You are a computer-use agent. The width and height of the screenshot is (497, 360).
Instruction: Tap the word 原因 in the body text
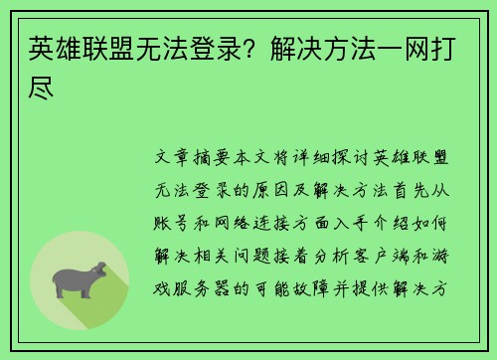279,188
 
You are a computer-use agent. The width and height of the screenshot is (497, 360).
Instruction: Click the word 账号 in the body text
177,221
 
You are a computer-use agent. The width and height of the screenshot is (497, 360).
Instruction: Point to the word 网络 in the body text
239,221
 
